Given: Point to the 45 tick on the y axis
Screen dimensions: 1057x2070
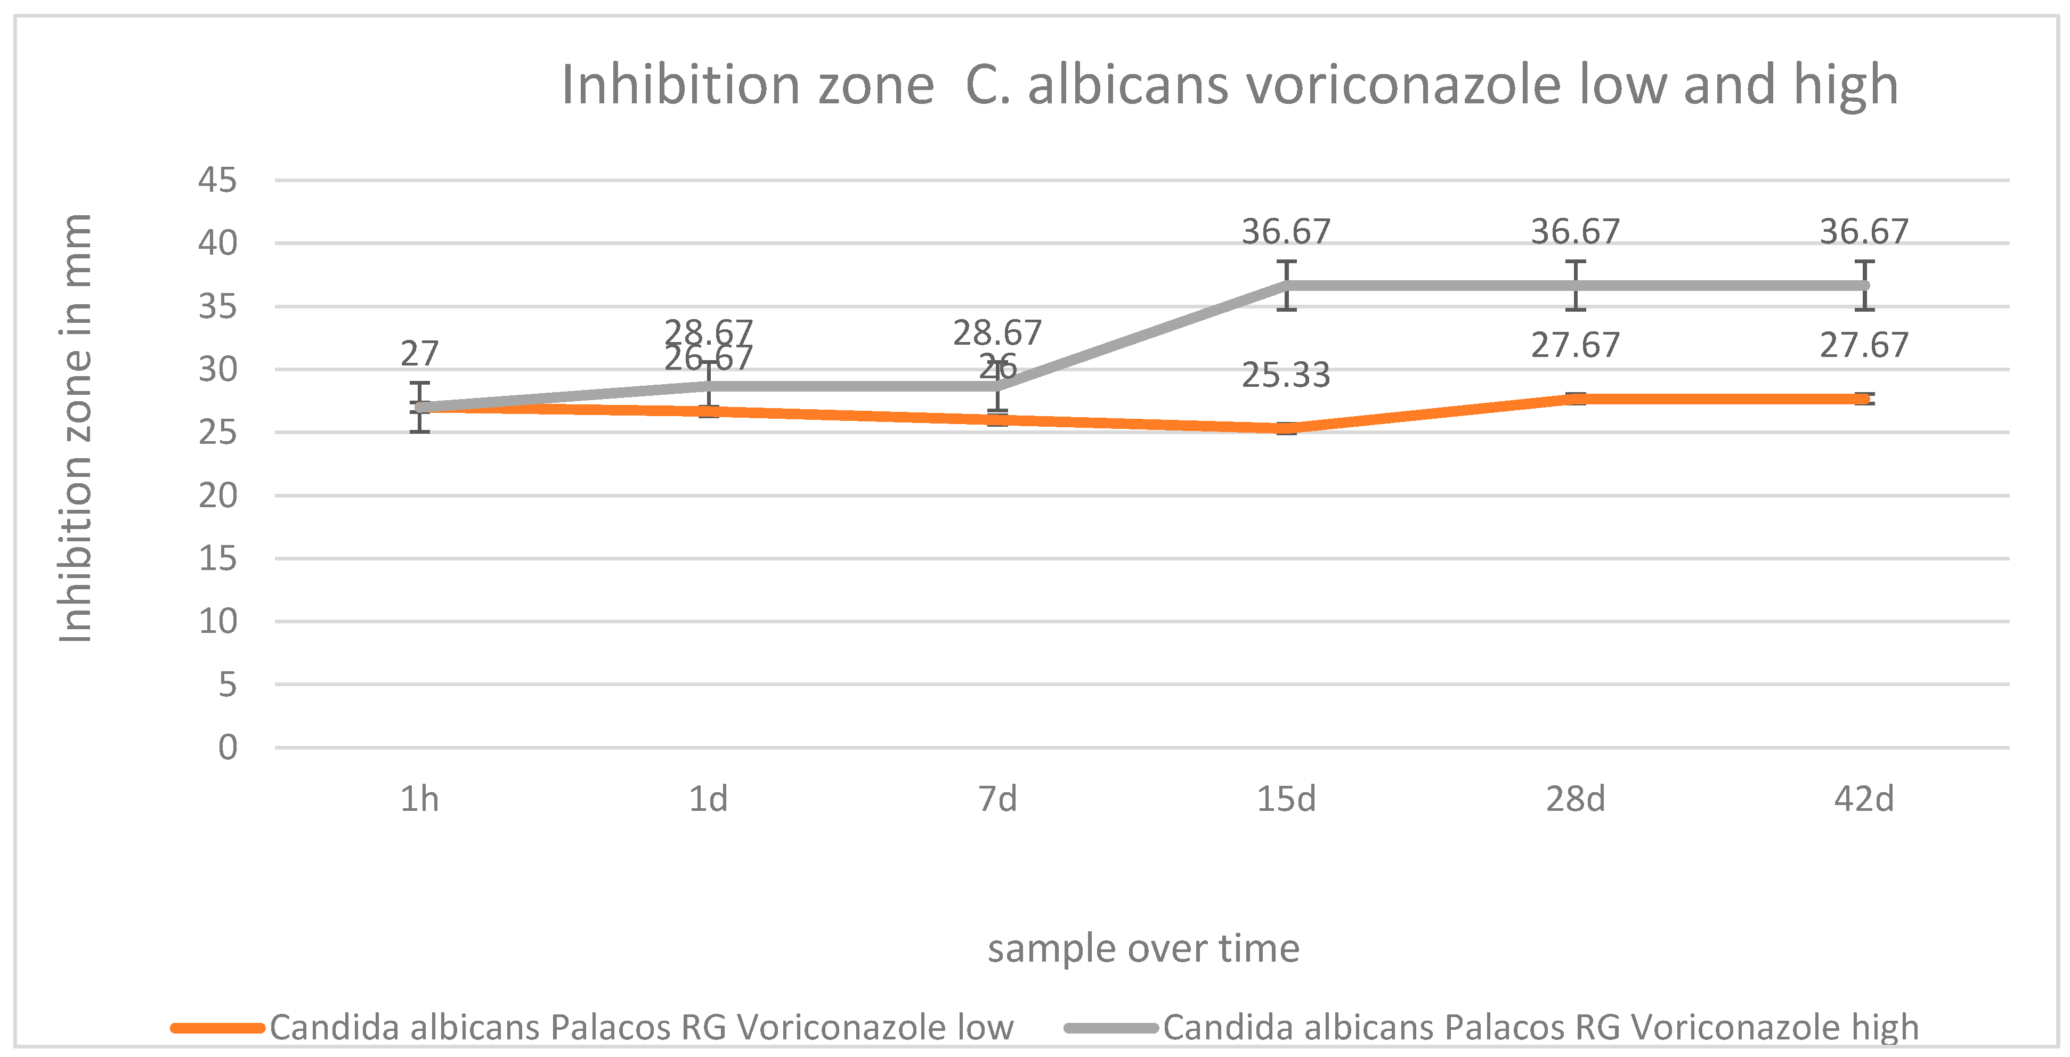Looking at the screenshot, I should (x=218, y=180).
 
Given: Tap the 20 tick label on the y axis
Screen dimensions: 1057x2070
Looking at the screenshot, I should (x=218, y=495).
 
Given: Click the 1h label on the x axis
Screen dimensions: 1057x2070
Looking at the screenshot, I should (x=419, y=799).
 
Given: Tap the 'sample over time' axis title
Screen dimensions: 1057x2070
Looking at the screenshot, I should (x=1143, y=948).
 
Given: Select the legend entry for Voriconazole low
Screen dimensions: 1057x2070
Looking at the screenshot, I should (x=640, y=1027).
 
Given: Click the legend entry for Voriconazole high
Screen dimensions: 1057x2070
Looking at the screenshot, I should (x=1540, y=1027).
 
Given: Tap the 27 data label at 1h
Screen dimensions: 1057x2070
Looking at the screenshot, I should (x=419, y=353).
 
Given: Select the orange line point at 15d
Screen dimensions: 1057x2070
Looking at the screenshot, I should (x=1287, y=428).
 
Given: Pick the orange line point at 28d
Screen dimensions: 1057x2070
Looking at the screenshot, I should (x=1575, y=399).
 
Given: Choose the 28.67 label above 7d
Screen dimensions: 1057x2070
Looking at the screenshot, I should (x=997, y=332).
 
